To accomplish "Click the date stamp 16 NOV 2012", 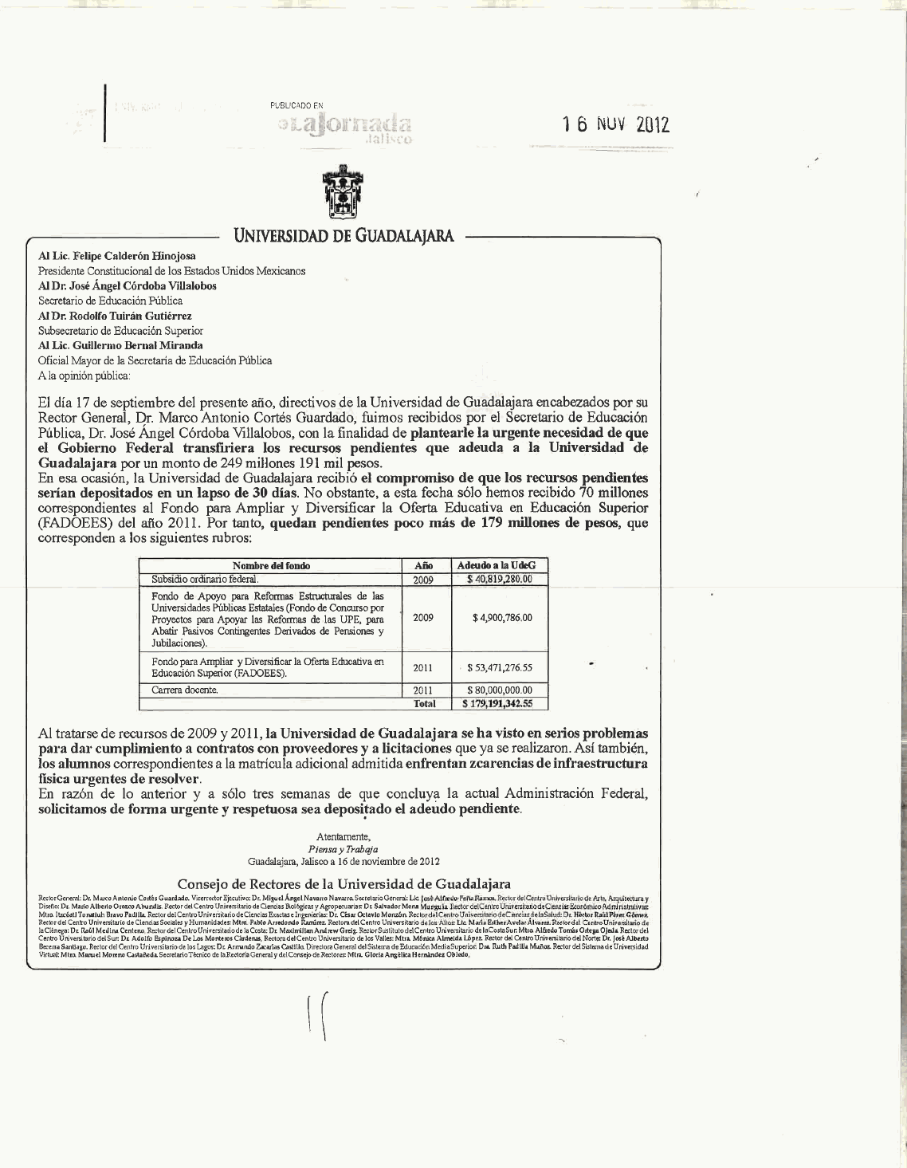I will pyautogui.click(x=615, y=125).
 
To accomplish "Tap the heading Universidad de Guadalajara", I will pyautogui.click(x=344, y=236).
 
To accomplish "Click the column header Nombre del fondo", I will pyautogui.click(x=271, y=565).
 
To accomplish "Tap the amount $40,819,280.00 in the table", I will pyautogui.click(x=499, y=580).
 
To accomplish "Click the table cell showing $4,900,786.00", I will pyautogui.click(x=502, y=618).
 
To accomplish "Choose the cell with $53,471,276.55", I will pyautogui.click(x=500, y=667).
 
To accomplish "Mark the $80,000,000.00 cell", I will pyautogui.click(x=500, y=690).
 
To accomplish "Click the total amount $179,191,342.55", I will pyautogui.click(x=498, y=704).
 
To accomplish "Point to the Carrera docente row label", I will pyautogui.click(x=185, y=690).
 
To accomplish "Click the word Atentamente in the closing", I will pyautogui.click(x=344, y=837).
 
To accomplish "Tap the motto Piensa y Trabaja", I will pyautogui.click(x=344, y=850).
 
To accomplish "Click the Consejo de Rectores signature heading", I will pyautogui.click(x=344, y=883).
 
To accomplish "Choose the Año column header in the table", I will pyautogui.click(x=423, y=565).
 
